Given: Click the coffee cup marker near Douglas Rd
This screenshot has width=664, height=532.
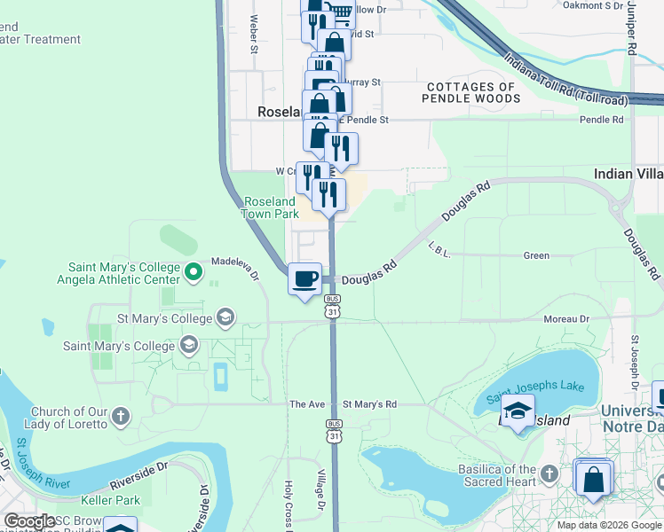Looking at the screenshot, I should pyautogui.click(x=305, y=279).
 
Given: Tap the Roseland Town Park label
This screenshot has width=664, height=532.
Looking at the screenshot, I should pyautogui.click(x=271, y=207).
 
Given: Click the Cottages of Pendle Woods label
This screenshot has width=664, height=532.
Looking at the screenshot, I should pyautogui.click(x=470, y=92).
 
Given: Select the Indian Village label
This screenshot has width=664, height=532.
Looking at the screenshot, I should pyautogui.click(x=628, y=174).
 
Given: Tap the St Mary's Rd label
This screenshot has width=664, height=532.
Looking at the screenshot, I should pyautogui.click(x=369, y=404).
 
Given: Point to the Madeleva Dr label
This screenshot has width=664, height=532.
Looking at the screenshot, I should pyautogui.click(x=233, y=269).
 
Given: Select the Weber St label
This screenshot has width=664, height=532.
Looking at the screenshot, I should pyautogui.click(x=254, y=34).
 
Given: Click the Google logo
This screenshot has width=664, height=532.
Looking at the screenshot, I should pyautogui.click(x=28, y=521).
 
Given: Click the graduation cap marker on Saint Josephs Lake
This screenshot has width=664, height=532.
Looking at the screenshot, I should pyautogui.click(x=517, y=410).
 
